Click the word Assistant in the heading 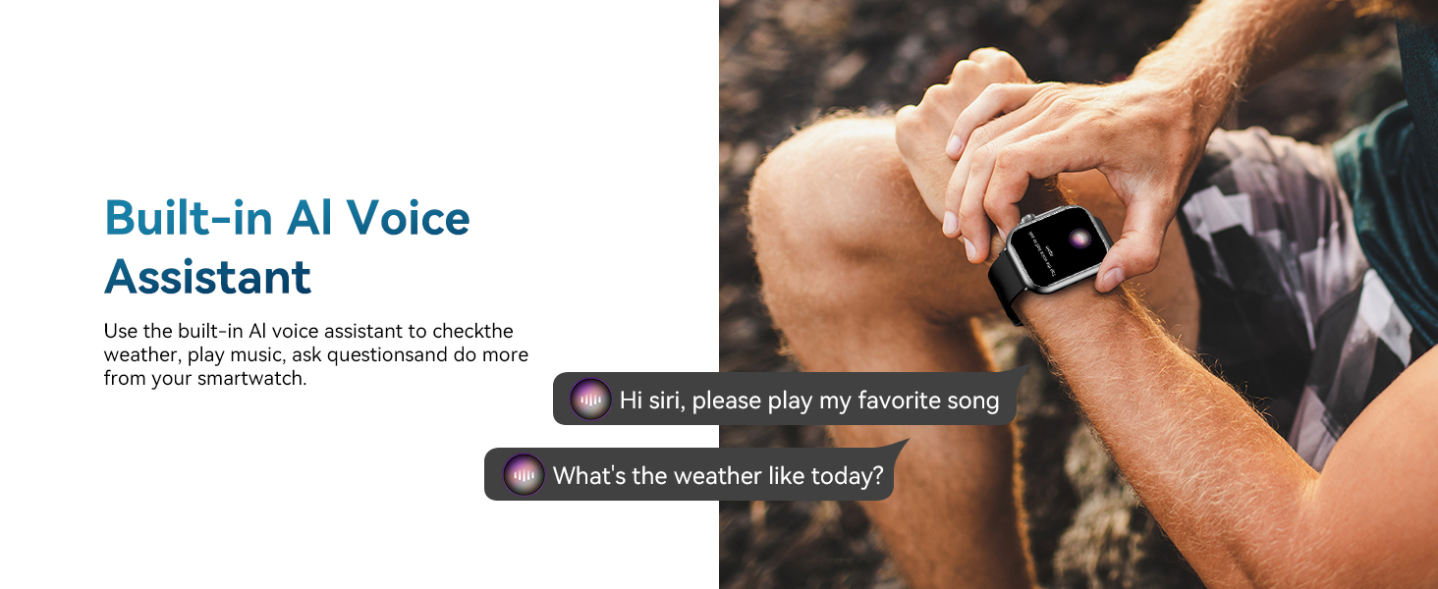pos(207,277)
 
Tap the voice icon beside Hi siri pos(590,400)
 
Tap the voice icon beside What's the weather pos(524,475)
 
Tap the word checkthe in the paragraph pos(473,331)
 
